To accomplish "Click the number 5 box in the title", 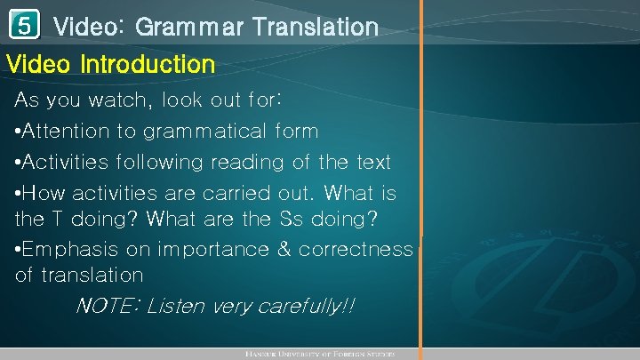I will tap(26, 26).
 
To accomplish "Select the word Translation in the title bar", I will tap(315, 28).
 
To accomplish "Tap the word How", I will tap(41, 193).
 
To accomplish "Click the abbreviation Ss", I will tap(343, 218).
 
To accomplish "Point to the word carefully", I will tap(304, 307).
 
